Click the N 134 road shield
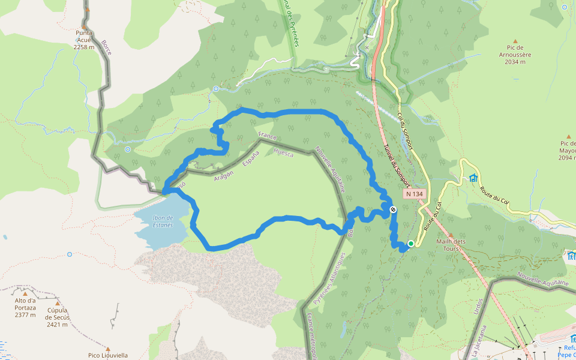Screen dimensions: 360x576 [414, 194]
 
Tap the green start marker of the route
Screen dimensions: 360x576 [411, 244]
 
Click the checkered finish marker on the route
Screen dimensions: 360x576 [393, 209]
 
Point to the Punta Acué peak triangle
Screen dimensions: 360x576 [88, 10]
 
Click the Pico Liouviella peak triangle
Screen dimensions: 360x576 [107, 347]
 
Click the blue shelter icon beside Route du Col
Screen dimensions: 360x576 [473, 178]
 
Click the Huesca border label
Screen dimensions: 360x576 [283, 152]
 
